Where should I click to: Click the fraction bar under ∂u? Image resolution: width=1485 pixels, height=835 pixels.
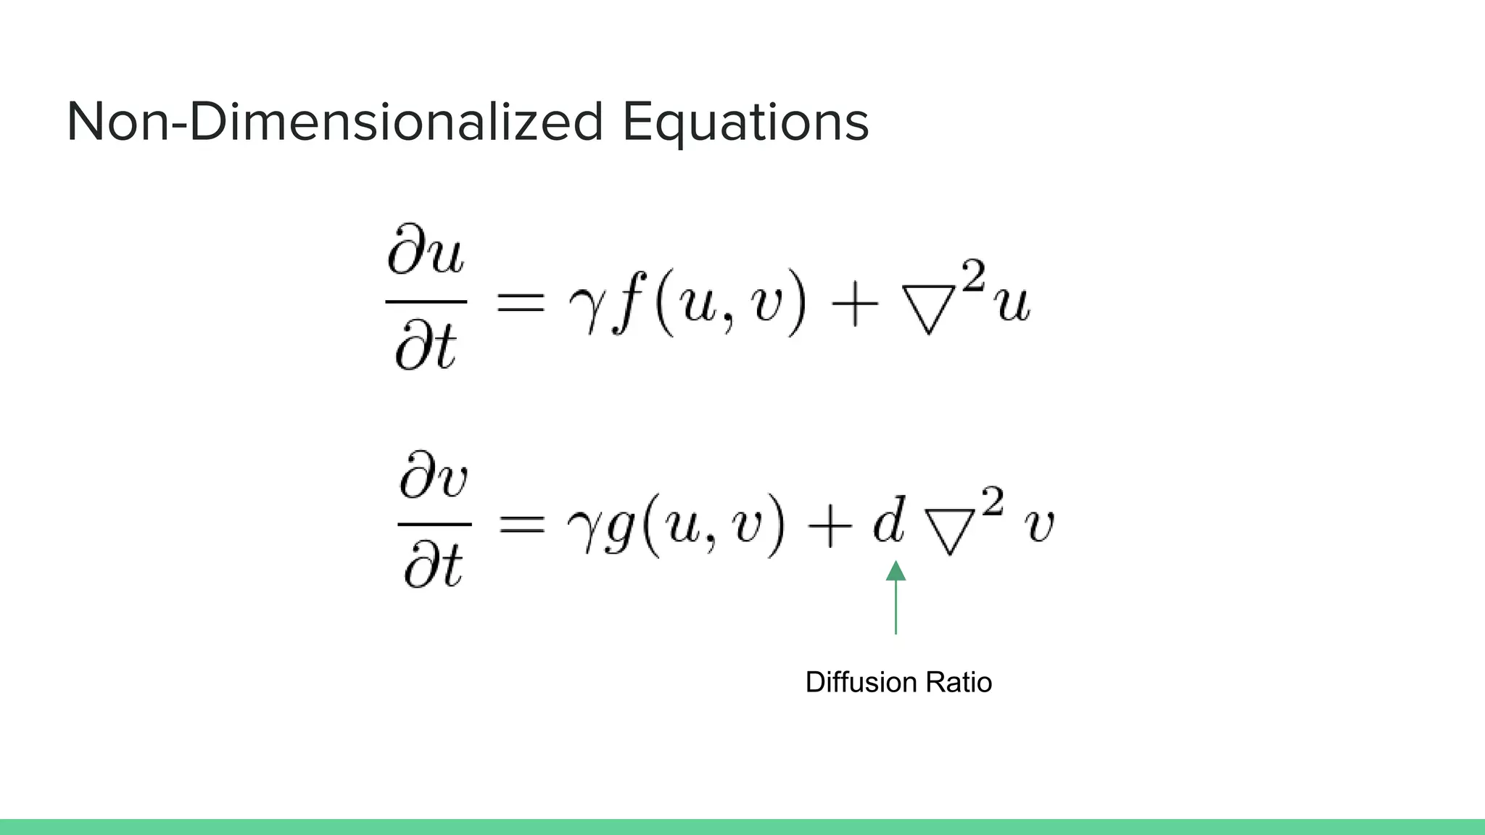click(426, 301)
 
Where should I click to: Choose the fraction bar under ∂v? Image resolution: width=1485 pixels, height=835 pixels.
click(434, 523)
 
